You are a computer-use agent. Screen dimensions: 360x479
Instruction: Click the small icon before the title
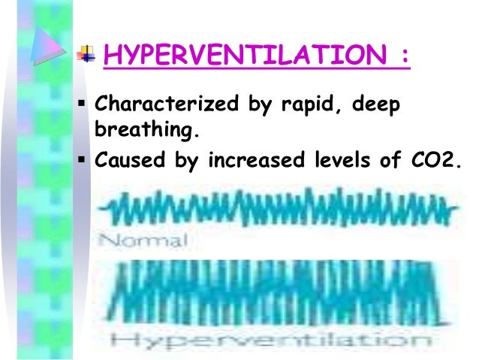[88, 54]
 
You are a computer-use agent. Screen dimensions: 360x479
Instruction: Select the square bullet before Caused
[84, 157]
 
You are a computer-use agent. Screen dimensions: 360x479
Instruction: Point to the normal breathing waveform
[278, 210]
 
